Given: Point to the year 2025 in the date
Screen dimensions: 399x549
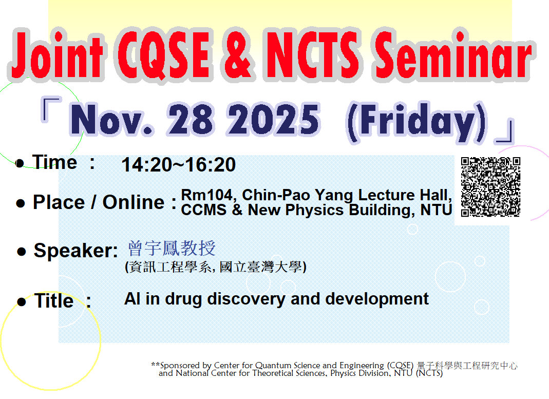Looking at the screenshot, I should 274,121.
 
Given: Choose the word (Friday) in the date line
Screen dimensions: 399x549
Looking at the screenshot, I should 416,122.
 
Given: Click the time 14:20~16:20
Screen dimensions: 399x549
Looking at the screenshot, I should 179,165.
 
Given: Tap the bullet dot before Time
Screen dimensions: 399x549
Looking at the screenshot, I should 20,164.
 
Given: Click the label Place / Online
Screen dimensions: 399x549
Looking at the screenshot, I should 99,202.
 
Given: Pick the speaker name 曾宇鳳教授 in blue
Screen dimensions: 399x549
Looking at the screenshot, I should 172,249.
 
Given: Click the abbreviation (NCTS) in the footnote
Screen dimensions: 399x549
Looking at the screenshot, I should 428,373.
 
